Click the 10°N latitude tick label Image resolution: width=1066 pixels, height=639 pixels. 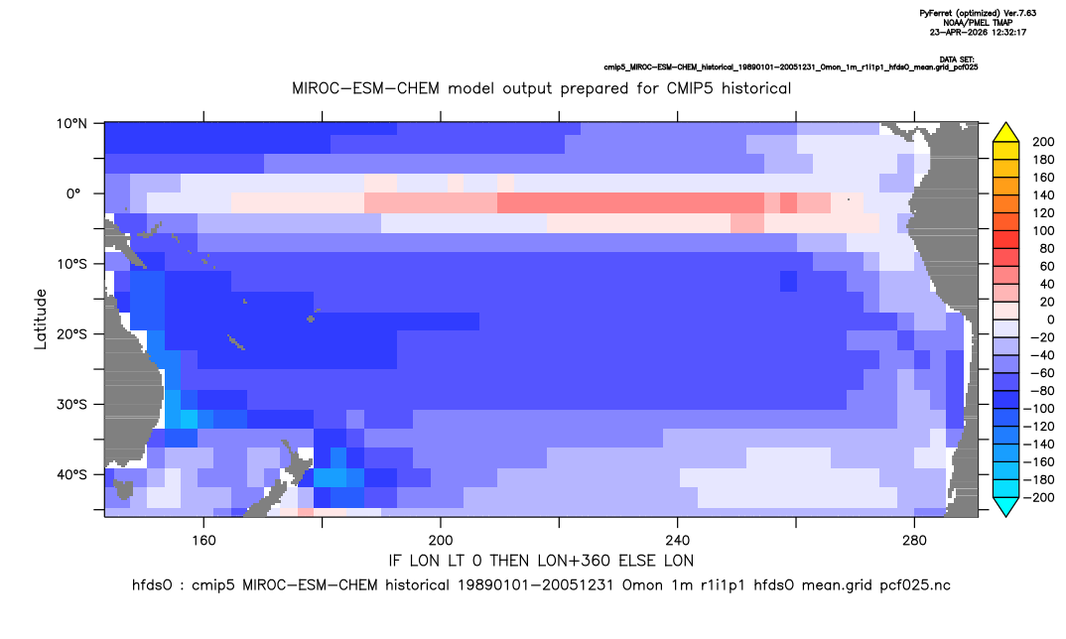(x=71, y=124)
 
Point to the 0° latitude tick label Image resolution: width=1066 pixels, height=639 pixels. (x=73, y=193)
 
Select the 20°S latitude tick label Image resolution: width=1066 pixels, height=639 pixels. (x=71, y=334)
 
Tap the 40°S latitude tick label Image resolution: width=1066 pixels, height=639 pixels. (x=71, y=474)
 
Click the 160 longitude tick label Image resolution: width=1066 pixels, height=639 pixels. (x=203, y=541)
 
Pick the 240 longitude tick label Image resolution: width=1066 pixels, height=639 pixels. (x=678, y=541)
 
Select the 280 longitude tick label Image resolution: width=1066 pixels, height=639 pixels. (x=914, y=541)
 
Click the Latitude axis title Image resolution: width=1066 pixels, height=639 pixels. (x=41, y=319)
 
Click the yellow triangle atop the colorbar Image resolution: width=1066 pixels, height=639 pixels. (x=1005, y=133)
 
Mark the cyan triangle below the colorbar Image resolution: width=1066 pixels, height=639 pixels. (x=1005, y=506)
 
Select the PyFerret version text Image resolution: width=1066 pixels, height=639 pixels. (x=978, y=13)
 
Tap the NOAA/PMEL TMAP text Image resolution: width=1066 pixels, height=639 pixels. (x=978, y=23)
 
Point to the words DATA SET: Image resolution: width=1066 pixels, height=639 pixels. (x=957, y=60)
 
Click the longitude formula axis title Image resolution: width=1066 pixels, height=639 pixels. (x=541, y=561)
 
